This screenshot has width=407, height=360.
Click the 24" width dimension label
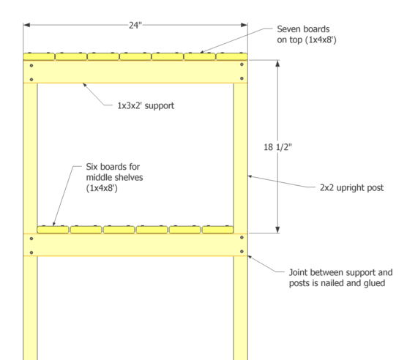135,25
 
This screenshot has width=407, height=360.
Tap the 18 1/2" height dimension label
277,147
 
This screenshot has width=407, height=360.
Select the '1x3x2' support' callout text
146,106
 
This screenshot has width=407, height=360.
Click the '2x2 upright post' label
351,187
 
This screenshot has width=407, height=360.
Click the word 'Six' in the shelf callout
92,167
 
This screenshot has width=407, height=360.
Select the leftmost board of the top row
39,56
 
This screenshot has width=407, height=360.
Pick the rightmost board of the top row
232,56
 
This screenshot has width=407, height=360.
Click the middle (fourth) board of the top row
135,56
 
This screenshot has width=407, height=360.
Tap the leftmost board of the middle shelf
53,230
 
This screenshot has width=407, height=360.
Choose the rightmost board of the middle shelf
218,230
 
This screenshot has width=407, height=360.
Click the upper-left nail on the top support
31,66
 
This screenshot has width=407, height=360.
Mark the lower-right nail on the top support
242,78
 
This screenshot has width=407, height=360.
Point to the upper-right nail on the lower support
242,237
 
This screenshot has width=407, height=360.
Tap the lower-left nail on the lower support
31,252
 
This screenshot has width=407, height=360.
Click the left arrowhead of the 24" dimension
26,25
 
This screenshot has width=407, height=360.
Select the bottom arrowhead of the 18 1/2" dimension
277,230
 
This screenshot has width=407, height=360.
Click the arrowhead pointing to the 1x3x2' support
84,85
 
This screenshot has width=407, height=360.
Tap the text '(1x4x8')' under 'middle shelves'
102,188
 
